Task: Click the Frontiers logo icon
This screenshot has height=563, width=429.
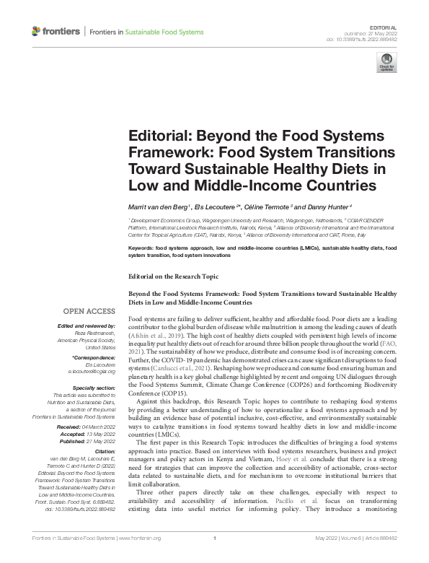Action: click(37, 30)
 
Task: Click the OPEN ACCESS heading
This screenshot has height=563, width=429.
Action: click(89, 311)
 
